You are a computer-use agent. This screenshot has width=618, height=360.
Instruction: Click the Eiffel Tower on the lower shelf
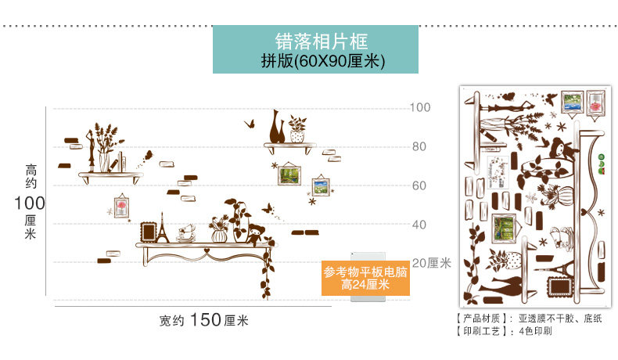pos(163,228)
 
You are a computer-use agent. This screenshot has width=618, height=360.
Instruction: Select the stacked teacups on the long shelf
pos(186,232)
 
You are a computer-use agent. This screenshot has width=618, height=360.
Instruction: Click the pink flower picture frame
pos(121,206)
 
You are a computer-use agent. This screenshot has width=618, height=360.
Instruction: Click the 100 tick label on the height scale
pos(420,106)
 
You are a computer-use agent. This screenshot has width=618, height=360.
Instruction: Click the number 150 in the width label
pos(205,320)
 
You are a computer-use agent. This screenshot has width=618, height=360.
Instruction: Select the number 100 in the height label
pos(31,204)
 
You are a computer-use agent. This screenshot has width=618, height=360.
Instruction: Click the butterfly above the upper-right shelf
pos(251,123)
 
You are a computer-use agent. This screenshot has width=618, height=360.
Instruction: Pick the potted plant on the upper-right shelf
pos(297,128)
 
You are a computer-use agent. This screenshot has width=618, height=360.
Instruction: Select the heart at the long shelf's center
pos(206,252)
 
